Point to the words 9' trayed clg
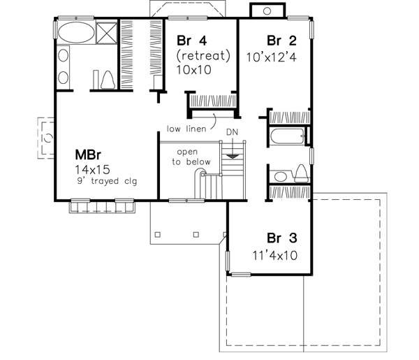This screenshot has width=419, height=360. click(x=106, y=182)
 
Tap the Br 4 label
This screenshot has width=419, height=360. click(x=190, y=41)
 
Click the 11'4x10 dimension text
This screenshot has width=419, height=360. click(x=274, y=255)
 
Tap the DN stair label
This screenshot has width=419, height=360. click(x=233, y=132)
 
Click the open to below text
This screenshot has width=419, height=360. click(x=186, y=156)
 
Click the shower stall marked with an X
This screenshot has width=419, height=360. click(x=105, y=33)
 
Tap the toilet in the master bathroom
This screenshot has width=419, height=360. click(x=107, y=80)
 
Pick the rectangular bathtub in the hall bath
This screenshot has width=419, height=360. click(x=286, y=136)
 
